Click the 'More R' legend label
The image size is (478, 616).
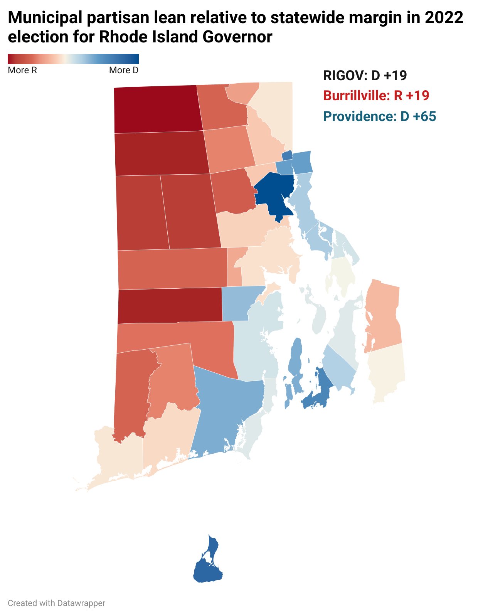[22, 70]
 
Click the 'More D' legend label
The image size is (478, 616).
[123, 70]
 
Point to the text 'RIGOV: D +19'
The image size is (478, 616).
[365, 75]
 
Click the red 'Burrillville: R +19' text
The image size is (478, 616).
[376, 96]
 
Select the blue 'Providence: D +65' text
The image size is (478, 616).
[379, 116]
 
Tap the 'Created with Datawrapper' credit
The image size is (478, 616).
[56, 603]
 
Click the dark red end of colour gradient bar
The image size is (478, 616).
[12, 59]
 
